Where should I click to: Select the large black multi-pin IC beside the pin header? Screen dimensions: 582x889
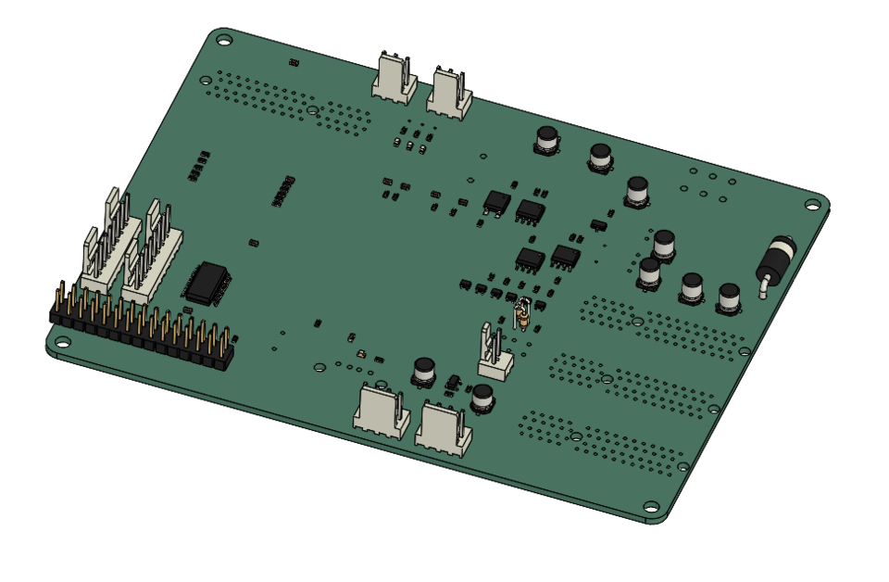207,282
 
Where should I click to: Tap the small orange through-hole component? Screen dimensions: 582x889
521,315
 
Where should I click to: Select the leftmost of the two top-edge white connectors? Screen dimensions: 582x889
394,78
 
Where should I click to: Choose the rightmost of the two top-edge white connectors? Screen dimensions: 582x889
449,94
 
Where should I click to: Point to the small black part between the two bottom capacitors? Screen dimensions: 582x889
453,382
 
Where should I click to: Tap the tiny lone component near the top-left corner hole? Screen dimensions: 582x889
294,63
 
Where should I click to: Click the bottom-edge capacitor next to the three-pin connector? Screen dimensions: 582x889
482,399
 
